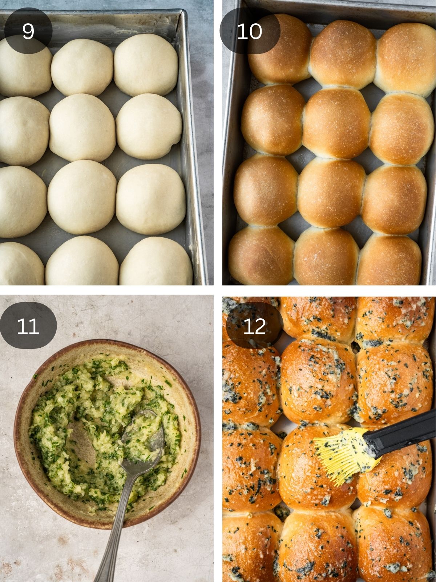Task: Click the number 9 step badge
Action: tap(28, 31)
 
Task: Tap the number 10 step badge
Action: tap(250, 31)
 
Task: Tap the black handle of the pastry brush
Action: tap(400, 433)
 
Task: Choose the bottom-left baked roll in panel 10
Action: tap(261, 256)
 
